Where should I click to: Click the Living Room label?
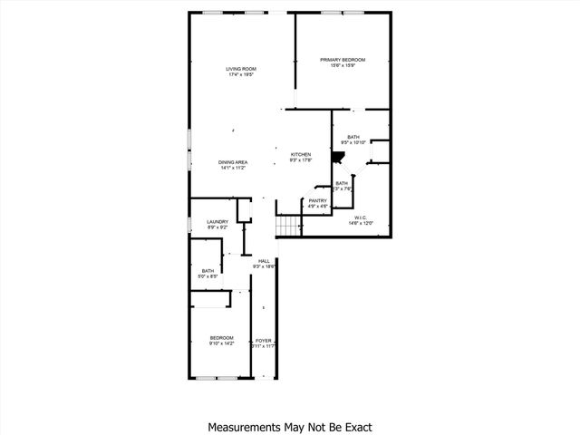point(242,69)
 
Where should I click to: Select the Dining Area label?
point(233,162)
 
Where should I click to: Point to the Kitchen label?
point(301,154)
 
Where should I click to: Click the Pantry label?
point(317,200)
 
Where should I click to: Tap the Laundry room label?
point(217,221)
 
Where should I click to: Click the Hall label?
point(264,261)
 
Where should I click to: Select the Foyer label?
point(264,341)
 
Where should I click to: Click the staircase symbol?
point(288,227)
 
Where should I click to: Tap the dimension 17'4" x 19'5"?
point(242,74)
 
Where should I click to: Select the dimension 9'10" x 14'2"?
point(222,343)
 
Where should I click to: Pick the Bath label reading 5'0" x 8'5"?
point(208,272)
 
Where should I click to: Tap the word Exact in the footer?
point(354,426)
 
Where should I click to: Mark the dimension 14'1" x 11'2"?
point(233,168)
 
